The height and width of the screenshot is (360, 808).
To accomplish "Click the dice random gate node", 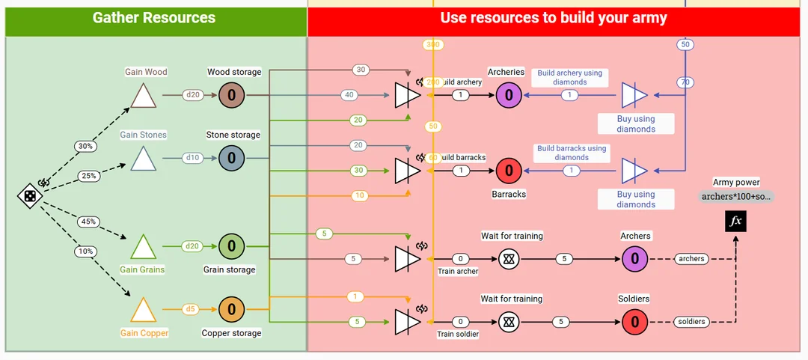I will pos(28,196).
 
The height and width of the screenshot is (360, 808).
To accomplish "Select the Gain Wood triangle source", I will pos(142,97).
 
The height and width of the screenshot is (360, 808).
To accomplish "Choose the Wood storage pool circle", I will pos(232,95).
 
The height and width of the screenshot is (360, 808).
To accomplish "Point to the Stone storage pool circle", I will pos(232,158).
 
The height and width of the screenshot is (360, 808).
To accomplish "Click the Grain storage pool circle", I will pos(232,245).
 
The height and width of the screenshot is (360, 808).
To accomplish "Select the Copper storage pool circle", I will pos(232,309).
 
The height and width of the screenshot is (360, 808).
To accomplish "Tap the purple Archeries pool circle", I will pos(509,95).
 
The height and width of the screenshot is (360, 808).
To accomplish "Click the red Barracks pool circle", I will pos(509,171).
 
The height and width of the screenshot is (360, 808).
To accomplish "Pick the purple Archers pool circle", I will pos(634,259).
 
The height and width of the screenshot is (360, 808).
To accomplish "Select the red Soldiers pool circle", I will pos(634,322).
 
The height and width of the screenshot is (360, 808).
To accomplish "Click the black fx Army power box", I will pos(736,222).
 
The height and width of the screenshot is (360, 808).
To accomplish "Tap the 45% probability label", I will pos(88,222).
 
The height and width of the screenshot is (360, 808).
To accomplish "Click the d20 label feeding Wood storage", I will pos(194,95).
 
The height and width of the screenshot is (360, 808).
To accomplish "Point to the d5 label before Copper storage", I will pos(191,309).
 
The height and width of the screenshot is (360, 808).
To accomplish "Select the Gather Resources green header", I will pos(155,18).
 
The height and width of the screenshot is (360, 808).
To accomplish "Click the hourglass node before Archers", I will pos(509,259).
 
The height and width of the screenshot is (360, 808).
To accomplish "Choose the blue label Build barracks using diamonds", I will pos(572,153).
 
